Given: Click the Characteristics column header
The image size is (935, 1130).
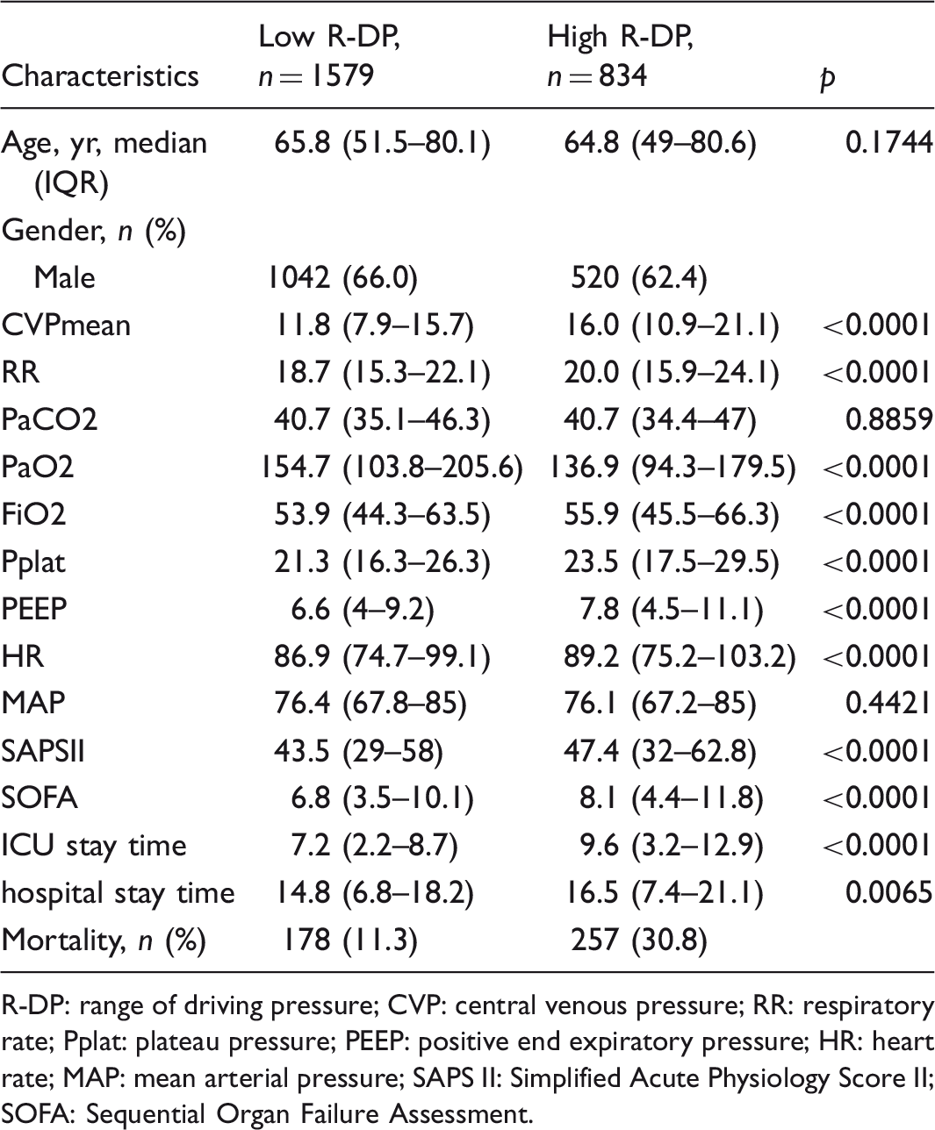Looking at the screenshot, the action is pyautogui.click(x=100, y=75).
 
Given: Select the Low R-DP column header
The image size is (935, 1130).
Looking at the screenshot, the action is pyautogui.click(x=329, y=56).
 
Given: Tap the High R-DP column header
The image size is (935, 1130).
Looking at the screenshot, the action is pyautogui.click(x=620, y=56).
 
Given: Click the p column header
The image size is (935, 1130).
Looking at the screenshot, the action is pyautogui.click(x=828, y=78).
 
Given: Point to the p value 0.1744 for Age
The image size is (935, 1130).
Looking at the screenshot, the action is pyautogui.click(x=889, y=143).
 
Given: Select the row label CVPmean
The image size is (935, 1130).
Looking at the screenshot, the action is pyautogui.click(x=66, y=325).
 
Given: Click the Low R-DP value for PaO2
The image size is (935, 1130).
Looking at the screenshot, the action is pyautogui.click(x=392, y=467).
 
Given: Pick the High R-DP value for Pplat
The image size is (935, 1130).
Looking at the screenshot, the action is pyautogui.click(x=672, y=561).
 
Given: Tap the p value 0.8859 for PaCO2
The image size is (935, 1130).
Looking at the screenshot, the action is pyautogui.click(x=889, y=419).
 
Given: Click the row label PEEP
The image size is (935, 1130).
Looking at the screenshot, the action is pyautogui.click(x=34, y=609).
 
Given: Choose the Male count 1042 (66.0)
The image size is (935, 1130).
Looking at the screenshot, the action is pyautogui.click(x=342, y=277).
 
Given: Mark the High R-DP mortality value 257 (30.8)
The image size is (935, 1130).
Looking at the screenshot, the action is pyautogui.click(x=639, y=940).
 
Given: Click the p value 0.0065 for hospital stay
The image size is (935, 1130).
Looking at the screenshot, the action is pyautogui.click(x=889, y=892).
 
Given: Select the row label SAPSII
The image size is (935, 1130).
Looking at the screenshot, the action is pyautogui.click(x=43, y=751).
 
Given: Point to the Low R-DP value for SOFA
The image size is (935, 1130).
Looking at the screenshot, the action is pyautogui.click(x=383, y=798).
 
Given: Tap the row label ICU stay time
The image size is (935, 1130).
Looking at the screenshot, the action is pyautogui.click(x=94, y=846).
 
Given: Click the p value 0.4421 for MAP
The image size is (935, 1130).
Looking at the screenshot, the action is pyautogui.click(x=889, y=703).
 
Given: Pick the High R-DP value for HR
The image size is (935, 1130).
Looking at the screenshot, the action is pyautogui.click(x=680, y=656).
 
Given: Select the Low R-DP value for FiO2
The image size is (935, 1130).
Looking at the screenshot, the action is pyautogui.click(x=383, y=514).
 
